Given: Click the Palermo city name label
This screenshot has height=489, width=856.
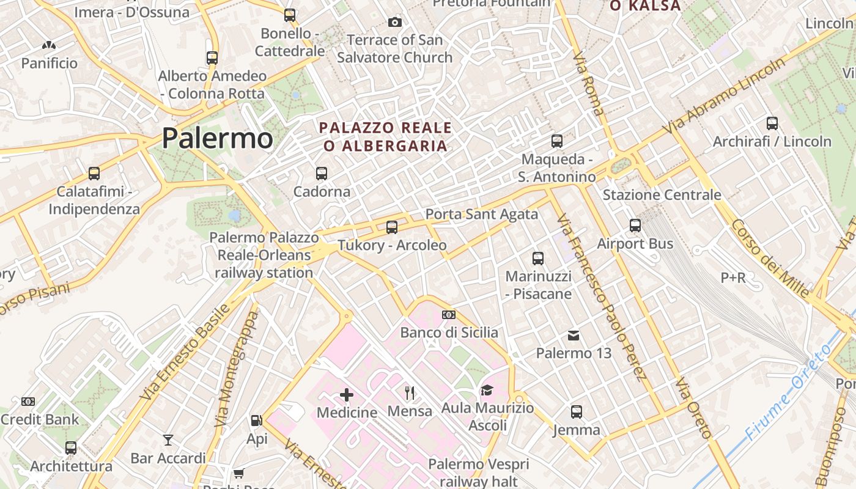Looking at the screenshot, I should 217,139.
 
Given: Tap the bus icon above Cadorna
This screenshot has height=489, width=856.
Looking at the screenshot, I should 322,174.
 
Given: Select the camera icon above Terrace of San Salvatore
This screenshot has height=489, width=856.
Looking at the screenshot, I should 395,23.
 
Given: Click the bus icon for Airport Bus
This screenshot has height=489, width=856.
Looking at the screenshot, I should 635,226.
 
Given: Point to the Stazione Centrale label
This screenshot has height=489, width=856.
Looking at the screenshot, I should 662,195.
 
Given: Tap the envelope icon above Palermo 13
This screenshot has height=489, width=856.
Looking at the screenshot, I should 574,335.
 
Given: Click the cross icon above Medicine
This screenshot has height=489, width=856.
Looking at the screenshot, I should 347,395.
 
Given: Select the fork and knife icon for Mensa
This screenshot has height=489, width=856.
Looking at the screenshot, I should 410,393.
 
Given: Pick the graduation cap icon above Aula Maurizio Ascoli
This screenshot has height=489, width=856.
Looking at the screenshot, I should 487,390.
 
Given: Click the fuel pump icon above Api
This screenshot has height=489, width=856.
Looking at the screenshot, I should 257,421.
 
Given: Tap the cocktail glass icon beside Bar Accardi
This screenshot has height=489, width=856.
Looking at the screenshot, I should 168,439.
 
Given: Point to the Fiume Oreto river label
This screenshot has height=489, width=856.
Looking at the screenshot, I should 789,392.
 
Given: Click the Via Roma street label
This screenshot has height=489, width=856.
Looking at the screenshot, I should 588,84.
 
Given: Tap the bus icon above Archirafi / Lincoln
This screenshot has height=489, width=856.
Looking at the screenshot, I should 772,123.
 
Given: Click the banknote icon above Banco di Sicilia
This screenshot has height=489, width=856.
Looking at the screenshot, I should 449,315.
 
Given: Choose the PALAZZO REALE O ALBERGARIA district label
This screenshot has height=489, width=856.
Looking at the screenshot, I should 386,137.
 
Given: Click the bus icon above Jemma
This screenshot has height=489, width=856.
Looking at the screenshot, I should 577,412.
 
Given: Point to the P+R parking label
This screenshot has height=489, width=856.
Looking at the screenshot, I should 733,278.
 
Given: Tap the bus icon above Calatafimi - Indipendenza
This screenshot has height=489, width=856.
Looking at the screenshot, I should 94,174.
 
